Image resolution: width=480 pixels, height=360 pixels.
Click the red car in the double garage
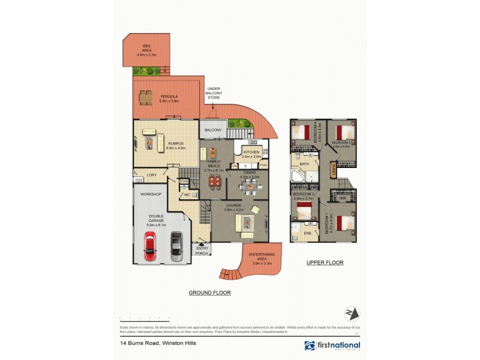point(149,247)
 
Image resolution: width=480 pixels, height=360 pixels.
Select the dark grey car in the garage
point(176,247)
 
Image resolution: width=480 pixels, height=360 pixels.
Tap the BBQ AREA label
point(146,50)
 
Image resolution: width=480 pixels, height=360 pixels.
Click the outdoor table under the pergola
point(146,98)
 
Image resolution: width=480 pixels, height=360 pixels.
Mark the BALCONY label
point(213,130)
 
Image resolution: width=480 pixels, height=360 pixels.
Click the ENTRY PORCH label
point(202,251)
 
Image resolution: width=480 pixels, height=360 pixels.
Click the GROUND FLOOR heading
point(209,293)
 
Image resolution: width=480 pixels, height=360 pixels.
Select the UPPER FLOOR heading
point(324,262)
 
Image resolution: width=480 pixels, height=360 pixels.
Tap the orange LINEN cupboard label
point(334,172)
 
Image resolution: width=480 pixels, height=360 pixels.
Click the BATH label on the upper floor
point(304,164)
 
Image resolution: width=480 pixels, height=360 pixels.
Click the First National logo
point(332,346)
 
